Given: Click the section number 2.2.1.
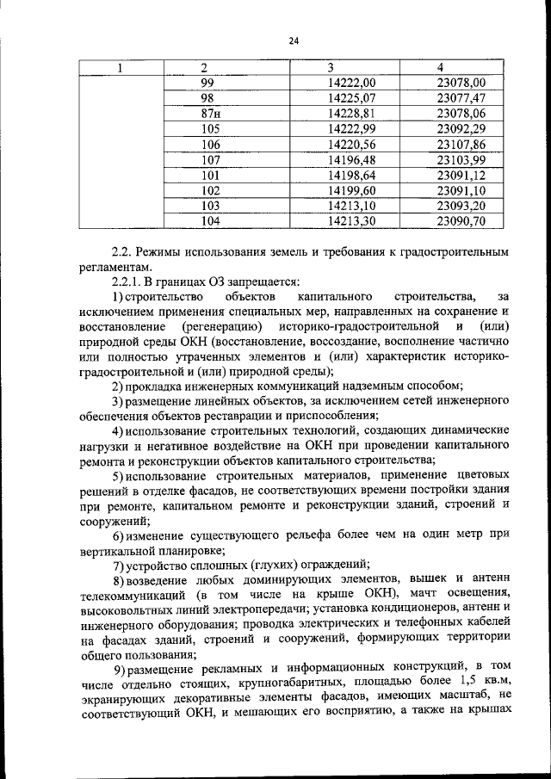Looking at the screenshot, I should pyautogui.click(x=129, y=281).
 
